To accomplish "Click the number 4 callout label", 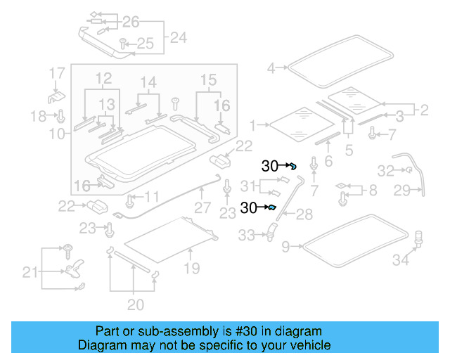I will click(271, 68).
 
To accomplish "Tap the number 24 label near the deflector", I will click(179, 37).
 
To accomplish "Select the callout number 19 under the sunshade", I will click(191, 268).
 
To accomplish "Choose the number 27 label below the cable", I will click(202, 208).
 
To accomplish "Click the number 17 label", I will click(56, 72).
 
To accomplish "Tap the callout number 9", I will click(285, 246).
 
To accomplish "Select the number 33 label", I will click(247, 236).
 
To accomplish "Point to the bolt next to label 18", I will click(60, 115).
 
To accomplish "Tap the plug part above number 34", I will click(420, 238).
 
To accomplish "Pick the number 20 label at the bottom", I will click(136, 304).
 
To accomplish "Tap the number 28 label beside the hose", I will click(303, 214).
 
